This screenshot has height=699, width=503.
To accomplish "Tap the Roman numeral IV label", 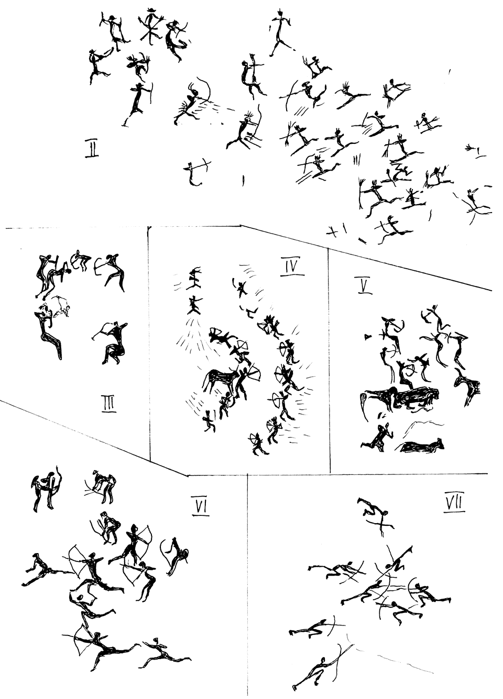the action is [x=292, y=268].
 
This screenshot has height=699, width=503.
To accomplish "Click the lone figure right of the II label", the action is [x=196, y=173].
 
